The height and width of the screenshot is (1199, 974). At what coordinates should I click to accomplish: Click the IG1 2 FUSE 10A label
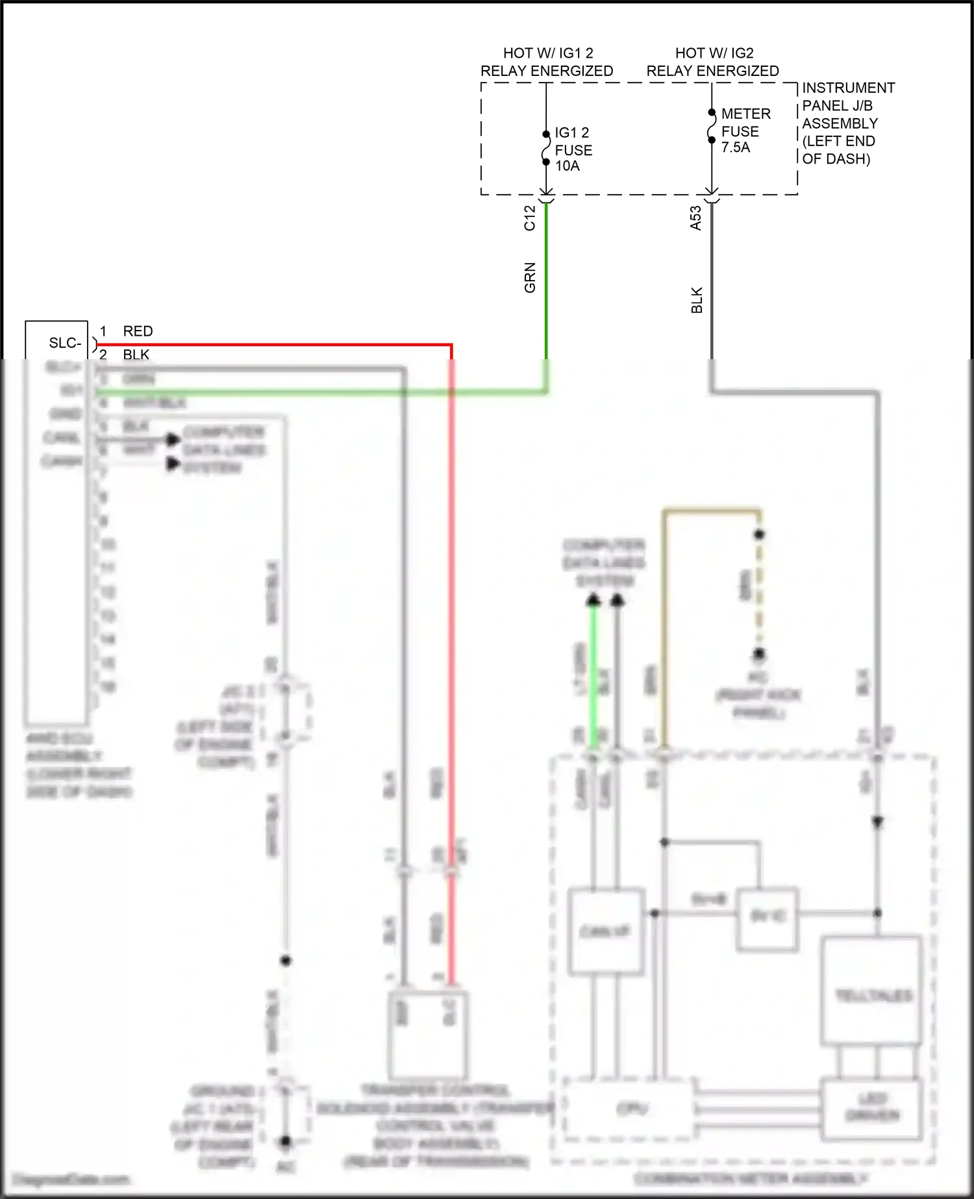[573, 149]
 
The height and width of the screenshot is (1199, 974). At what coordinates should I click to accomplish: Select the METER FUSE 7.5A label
[745, 131]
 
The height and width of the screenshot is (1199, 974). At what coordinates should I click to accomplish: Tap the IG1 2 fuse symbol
[546, 148]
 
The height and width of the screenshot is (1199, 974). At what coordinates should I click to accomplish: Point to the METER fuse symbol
[712, 126]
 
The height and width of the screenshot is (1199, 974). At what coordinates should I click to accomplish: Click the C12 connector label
[530, 218]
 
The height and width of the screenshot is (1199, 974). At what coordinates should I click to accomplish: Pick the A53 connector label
[695, 218]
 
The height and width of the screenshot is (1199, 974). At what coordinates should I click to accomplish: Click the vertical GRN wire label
[530, 277]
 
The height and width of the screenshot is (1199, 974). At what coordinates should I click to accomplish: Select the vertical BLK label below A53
[697, 300]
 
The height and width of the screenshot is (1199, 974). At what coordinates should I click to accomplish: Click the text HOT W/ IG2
[714, 53]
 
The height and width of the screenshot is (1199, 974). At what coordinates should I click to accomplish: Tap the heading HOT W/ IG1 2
[547, 53]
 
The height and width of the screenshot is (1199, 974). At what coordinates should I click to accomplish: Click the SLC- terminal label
[65, 343]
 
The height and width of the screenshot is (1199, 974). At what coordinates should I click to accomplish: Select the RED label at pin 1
[138, 331]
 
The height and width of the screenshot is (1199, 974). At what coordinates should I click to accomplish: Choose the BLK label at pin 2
[136, 355]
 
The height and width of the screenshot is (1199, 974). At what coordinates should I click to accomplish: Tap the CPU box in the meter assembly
[631, 1108]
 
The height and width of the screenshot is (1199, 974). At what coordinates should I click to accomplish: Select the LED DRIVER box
[871, 1108]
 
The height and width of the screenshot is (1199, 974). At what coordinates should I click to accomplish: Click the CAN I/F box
[606, 931]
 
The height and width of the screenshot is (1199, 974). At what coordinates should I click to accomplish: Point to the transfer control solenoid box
[427, 1033]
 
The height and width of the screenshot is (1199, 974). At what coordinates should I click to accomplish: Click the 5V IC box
[767, 917]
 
